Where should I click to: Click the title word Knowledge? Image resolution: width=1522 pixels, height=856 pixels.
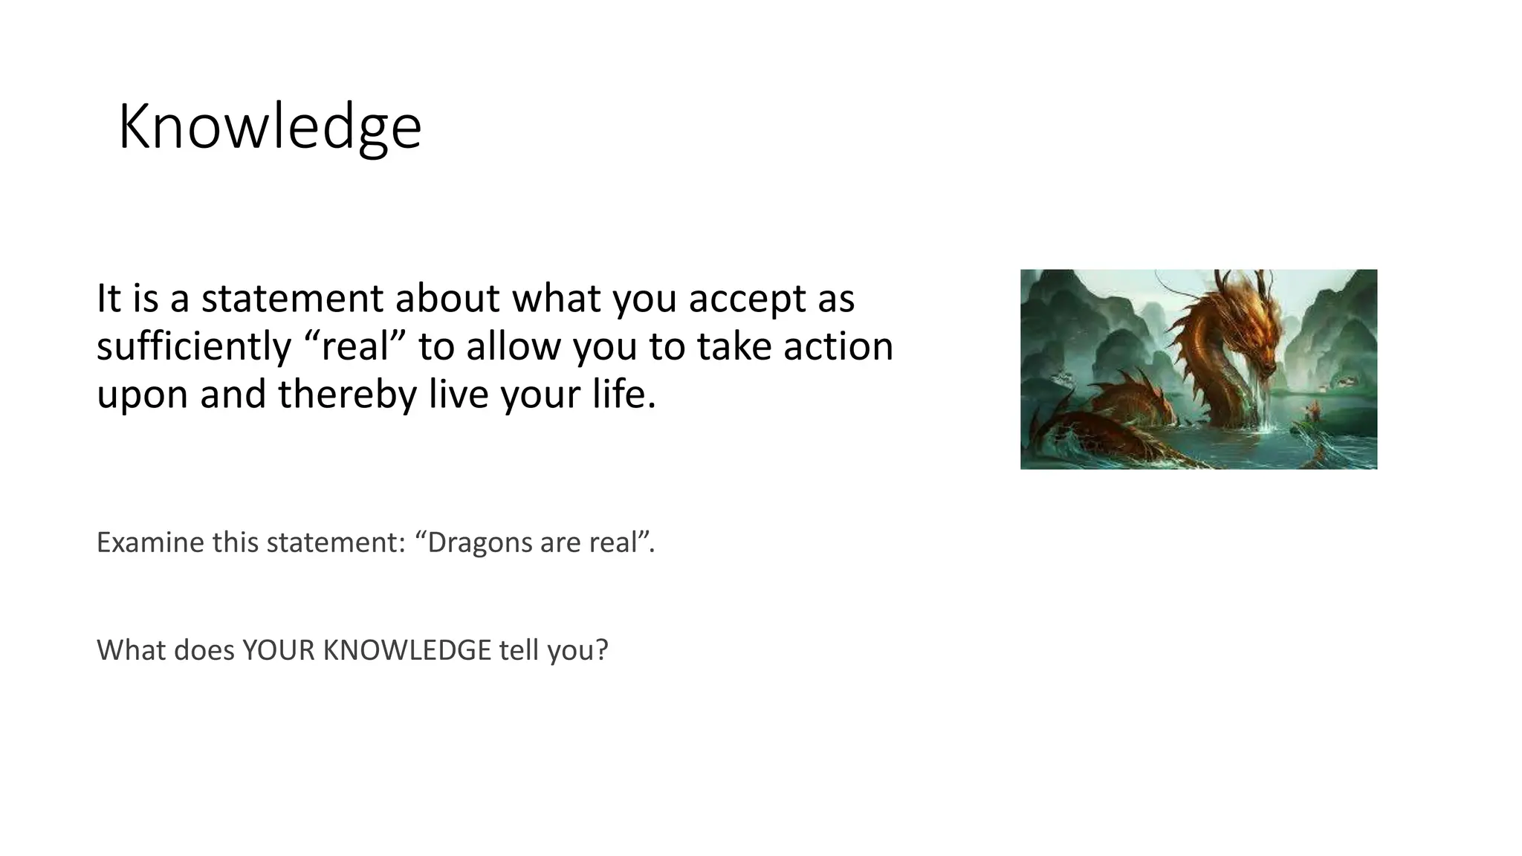pyautogui.click(x=269, y=128)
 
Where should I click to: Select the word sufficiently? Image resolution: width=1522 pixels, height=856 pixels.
pyautogui.click(x=194, y=347)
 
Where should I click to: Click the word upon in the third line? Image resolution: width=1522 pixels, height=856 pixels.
pyautogui.click(x=142, y=394)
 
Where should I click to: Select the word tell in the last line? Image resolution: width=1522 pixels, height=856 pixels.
pyautogui.click(x=519, y=650)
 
